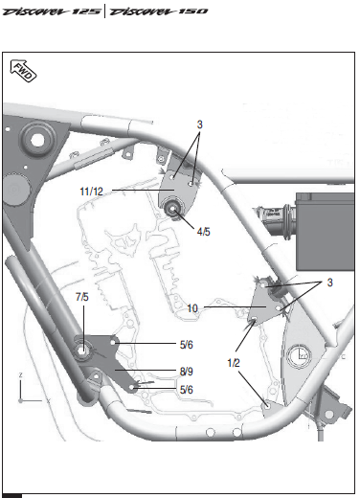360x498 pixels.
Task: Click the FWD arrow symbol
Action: click(23, 71)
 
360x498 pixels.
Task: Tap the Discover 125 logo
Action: click(52, 11)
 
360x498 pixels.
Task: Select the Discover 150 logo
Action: click(159, 11)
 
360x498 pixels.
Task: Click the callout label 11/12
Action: click(91, 192)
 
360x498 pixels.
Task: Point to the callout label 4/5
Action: click(204, 232)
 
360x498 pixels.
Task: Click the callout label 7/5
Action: click(82, 297)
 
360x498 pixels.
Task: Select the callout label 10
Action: click(192, 308)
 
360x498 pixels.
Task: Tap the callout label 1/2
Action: click(234, 363)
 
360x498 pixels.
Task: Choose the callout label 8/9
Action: click(187, 372)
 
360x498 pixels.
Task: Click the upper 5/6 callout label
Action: click(187, 345)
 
